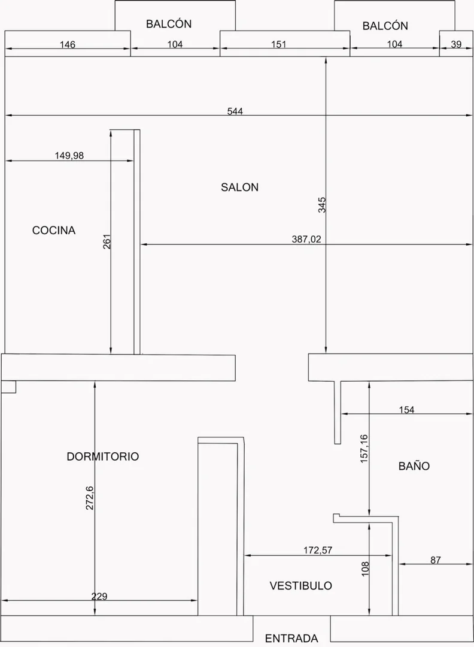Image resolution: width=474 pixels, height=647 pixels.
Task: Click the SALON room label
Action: click(239, 188)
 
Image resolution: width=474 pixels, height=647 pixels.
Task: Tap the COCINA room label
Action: click(54, 230)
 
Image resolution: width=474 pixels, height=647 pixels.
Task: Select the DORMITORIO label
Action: click(102, 456)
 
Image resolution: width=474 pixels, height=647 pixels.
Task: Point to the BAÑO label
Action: click(414, 466)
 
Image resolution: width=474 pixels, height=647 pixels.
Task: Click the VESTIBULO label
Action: click(301, 585)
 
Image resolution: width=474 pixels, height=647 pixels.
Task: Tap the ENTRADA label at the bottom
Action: click(291, 639)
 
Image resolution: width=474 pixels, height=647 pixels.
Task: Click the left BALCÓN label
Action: click(169, 23)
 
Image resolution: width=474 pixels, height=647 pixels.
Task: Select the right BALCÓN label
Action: click(385, 26)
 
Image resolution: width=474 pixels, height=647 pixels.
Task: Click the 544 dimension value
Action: click(235, 111)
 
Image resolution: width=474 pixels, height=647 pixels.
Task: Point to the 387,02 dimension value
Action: click(306, 239)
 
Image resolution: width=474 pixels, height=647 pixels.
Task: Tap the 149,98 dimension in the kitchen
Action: click(69, 156)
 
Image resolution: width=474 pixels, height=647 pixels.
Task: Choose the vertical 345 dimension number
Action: click(322, 205)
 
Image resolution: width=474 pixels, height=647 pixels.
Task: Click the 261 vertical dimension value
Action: click(107, 242)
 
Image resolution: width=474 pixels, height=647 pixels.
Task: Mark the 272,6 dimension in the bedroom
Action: click(89, 498)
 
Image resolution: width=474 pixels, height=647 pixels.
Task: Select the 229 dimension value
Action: click(99, 596)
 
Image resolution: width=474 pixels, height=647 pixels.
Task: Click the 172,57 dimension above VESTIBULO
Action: click(318, 550)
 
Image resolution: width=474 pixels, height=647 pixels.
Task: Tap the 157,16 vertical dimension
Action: click(364, 449)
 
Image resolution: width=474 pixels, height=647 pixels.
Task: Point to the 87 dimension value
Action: click(435, 560)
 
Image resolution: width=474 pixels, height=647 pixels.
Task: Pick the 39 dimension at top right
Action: click(456, 44)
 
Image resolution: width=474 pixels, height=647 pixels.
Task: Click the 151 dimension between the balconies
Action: click(279, 44)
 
